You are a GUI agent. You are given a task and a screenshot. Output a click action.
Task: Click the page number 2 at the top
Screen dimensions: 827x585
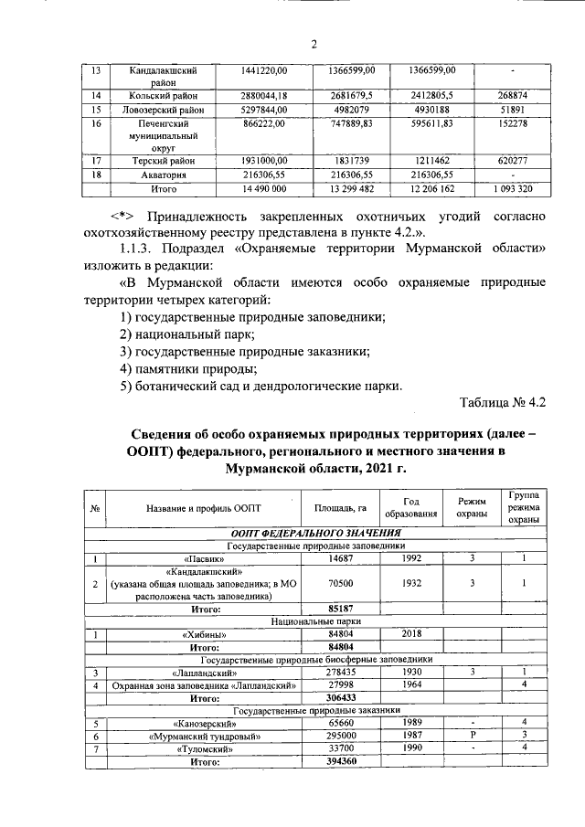click(x=312, y=45)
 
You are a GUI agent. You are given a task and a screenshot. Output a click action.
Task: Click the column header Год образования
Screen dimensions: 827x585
click(x=411, y=507)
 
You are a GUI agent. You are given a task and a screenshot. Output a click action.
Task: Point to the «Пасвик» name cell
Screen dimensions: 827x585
click(x=198, y=557)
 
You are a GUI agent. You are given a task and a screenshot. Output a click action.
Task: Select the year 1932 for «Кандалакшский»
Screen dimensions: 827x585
click(x=411, y=582)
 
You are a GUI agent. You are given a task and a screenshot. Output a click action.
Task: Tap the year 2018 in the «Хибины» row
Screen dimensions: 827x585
click(x=411, y=632)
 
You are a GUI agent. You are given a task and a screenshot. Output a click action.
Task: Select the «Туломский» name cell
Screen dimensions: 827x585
click(x=198, y=747)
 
